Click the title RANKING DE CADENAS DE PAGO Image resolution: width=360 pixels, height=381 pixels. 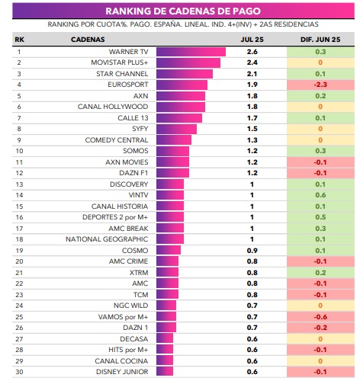point(183,11)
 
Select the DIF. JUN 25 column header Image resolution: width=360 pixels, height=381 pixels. point(320,40)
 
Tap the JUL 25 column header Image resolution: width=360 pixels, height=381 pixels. point(252,40)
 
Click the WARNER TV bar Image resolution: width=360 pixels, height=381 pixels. point(191,52)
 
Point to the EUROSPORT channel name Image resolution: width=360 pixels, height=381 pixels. point(128,85)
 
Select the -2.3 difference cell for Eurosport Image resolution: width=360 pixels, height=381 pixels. point(320,85)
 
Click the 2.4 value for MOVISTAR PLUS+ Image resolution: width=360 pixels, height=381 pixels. point(252,62)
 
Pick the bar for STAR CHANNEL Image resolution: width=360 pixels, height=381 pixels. point(185,74)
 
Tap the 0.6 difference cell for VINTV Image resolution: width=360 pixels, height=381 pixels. point(320,195)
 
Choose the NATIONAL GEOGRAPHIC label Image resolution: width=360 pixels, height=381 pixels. point(107,239)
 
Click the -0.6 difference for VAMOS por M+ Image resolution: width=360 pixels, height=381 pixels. point(320,317)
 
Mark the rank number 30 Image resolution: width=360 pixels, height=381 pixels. point(19,372)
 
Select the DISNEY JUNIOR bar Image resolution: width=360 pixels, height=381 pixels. point(165,372)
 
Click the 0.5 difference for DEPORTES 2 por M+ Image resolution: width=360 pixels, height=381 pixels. point(320,217)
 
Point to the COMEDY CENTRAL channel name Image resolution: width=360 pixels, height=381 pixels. point(117,140)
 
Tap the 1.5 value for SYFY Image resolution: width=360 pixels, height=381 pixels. point(252,129)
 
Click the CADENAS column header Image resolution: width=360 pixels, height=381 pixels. point(88,40)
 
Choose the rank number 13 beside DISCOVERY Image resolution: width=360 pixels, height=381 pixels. point(19,184)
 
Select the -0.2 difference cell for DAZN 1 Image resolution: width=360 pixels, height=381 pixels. point(320,328)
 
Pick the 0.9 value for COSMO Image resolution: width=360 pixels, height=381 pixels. point(252,251)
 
